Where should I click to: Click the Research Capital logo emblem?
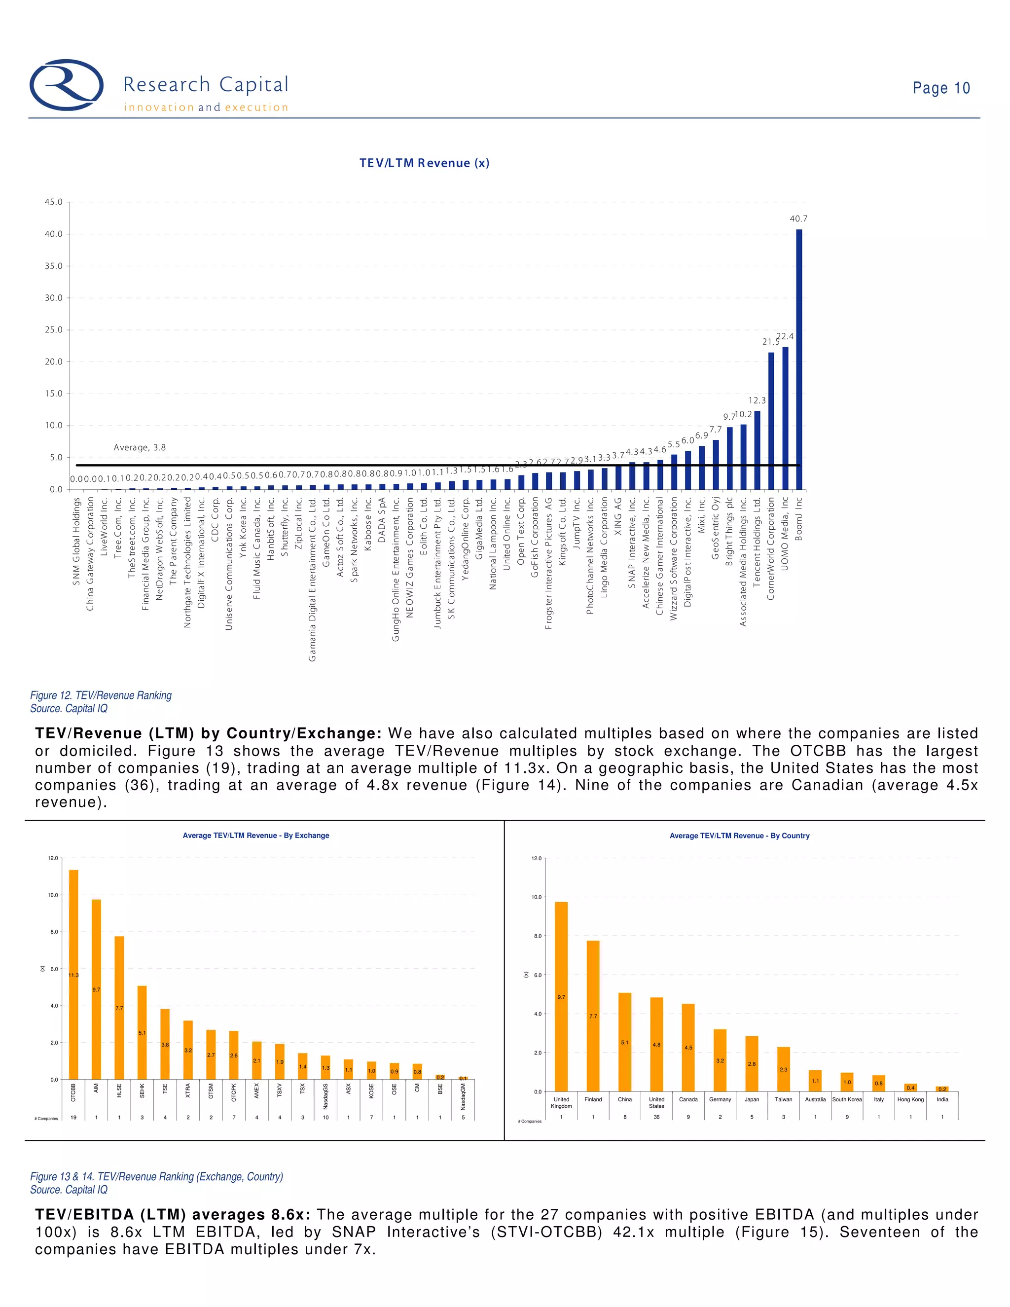[x=67, y=85]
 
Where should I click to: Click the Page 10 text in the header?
[x=940, y=88]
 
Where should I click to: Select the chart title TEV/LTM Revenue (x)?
[x=424, y=163]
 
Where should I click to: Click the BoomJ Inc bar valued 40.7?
[x=799, y=359]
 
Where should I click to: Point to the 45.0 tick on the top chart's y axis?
[x=53, y=202]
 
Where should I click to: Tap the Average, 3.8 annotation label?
[x=140, y=448]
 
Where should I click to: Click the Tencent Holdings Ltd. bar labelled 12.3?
[x=757, y=450]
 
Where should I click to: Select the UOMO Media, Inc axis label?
[x=785, y=533]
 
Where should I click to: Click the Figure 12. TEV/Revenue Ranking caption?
[x=101, y=695]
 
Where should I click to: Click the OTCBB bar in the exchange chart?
[x=73, y=975]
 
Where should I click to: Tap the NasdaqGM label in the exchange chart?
[x=463, y=1096]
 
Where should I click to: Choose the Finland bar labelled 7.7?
[x=593, y=1016]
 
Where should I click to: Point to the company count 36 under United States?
[x=656, y=1117]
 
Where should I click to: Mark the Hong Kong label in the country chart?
[x=910, y=1099]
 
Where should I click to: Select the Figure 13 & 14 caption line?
[x=156, y=1176]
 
